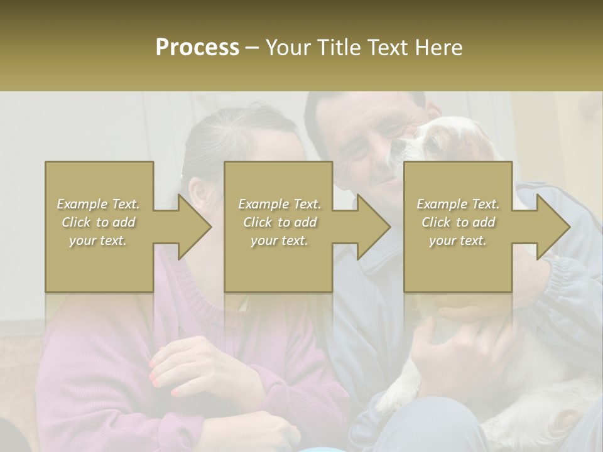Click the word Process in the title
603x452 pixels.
[197, 48]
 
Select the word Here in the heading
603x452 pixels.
[438, 48]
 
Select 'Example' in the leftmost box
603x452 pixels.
[82, 204]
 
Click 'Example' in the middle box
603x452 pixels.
[263, 204]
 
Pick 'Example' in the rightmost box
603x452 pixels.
[442, 204]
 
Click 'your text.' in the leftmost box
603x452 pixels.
[98, 240]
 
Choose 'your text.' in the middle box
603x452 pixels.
[280, 240]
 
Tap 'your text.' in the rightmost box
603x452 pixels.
[458, 240]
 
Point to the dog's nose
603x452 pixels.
[398, 146]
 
